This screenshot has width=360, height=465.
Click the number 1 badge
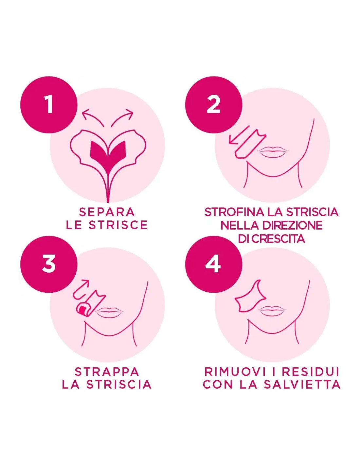(49, 104)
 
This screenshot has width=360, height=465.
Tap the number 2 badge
(213, 104)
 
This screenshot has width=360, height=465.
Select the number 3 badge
(49, 264)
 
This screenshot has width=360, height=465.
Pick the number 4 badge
(213, 264)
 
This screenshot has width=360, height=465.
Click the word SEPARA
(107, 212)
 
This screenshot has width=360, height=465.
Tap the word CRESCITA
(278, 239)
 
